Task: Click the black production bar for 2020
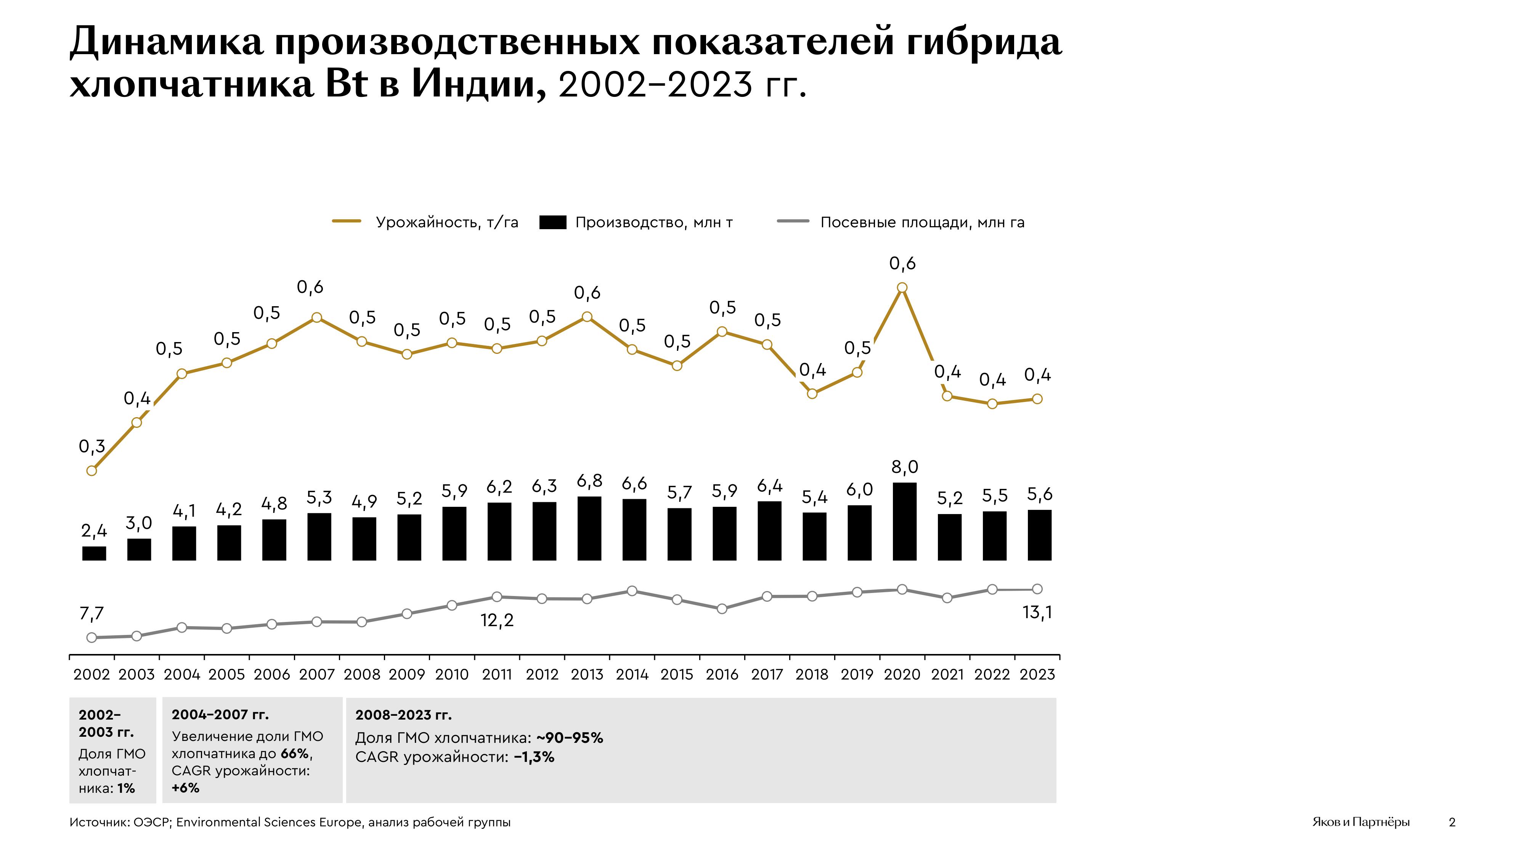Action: pyautogui.click(x=904, y=521)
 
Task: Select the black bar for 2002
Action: pyautogui.click(x=94, y=553)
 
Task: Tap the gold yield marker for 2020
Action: pyautogui.click(x=902, y=288)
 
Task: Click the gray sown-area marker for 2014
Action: pyautogui.click(x=632, y=591)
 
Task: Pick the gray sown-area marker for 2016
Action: pyautogui.click(x=722, y=609)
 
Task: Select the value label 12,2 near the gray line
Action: pyautogui.click(x=497, y=620)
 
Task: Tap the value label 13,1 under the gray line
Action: pyautogui.click(x=1037, y=613)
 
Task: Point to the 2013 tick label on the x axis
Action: pyautogui.click(x=587, y=675)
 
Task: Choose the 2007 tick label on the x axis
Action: pyautogui.click(x=317, y=675)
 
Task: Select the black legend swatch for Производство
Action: pyautogui.click(x=553, y=223)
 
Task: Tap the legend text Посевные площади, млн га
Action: pyautogui.click(x=922, y=223)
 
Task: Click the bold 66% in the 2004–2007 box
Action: pyautogui.click(x=294, y=754)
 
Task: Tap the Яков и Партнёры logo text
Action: pyautogui.click(x=1360, y=822)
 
